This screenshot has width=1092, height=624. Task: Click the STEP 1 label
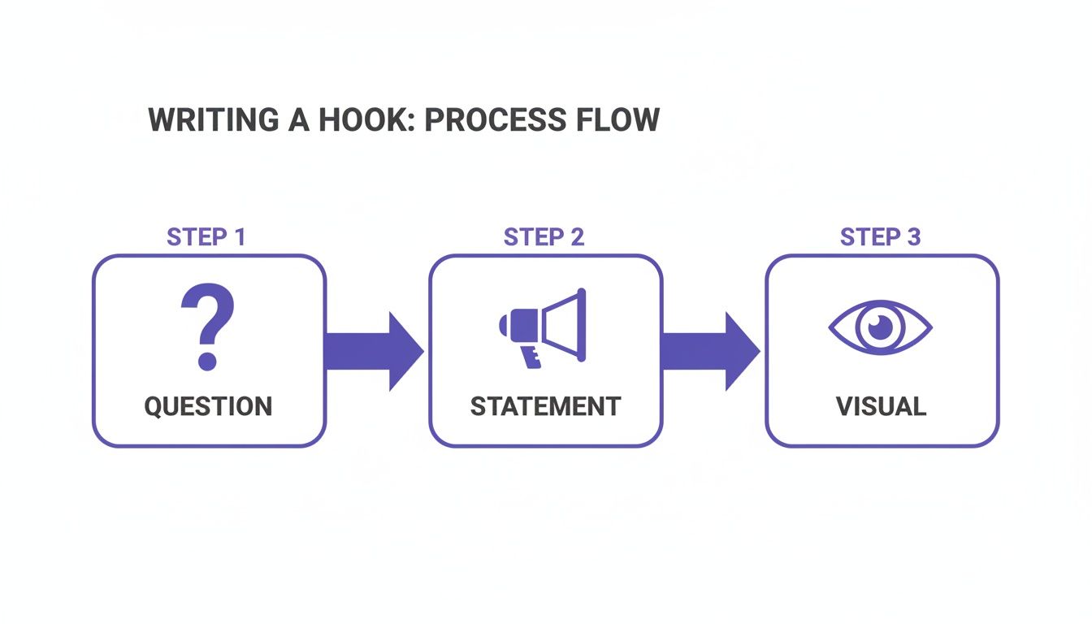click(206, 237)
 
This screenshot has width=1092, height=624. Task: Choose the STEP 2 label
click(544, 237)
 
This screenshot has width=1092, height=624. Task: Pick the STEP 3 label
click(880, 237)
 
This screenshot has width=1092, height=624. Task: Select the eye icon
click(880, 327)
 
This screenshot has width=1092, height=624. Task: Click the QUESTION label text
click(208, 406)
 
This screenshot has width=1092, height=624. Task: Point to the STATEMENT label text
click(545, 406)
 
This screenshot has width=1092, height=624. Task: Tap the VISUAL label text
click(881, 406)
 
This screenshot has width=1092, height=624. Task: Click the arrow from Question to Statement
click(375, 351)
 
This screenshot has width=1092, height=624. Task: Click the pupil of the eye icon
click(880, 327)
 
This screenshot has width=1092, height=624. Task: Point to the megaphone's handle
click(531, 356)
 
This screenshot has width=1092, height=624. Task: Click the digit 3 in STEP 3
click(912, 237)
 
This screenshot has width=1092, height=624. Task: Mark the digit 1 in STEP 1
click(238, 237)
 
